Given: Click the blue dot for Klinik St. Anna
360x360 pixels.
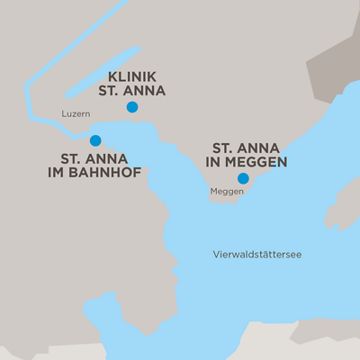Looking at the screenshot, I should click(x=132, y=107).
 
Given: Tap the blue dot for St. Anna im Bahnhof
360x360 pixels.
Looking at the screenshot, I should click(x=95, y=140).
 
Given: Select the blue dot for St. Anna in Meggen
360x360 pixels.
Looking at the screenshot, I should click(x=243, y=178).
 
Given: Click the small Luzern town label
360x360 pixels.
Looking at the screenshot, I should click(x=76, y=114).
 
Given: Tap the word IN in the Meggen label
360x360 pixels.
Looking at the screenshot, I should click(x=218, y=163).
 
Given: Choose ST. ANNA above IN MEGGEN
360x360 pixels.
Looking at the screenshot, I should click(x=245, y=148).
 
